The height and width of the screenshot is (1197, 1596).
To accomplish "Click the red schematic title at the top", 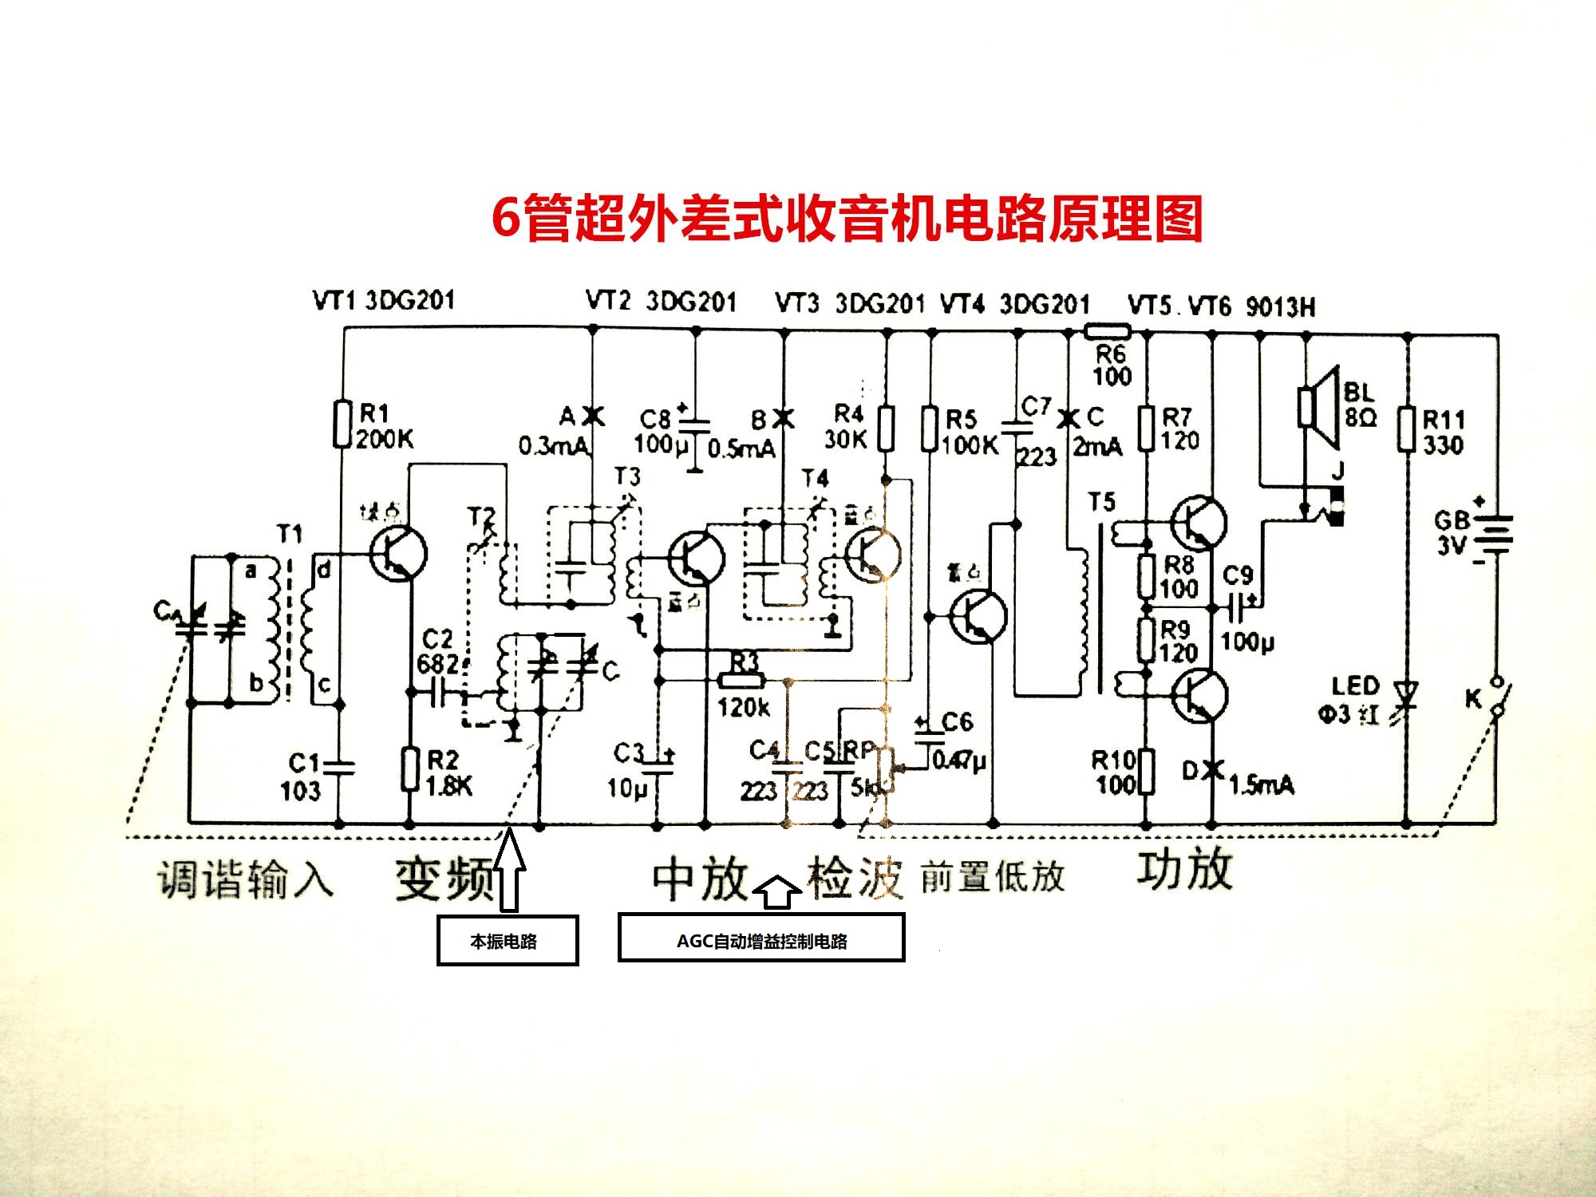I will click(847, 218).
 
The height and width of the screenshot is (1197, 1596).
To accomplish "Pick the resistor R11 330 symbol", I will click(1407, 431).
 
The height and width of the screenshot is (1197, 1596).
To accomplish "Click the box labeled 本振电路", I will click(507, 941).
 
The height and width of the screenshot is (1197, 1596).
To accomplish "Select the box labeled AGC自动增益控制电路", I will click(761, 938).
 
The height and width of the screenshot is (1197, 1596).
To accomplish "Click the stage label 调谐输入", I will click(244, 880).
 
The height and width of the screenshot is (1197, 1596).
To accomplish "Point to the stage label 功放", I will click(1185, 870).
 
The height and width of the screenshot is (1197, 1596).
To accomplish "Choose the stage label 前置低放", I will click(993, 877).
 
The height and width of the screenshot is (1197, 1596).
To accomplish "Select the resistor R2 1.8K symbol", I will click(409, 769).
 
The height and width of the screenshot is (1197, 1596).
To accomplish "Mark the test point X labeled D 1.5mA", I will click(1212, 769).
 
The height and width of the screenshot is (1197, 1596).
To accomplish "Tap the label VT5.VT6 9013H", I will click(1221, 306).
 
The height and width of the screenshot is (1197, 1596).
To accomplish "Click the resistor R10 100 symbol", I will click(1146, 771).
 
